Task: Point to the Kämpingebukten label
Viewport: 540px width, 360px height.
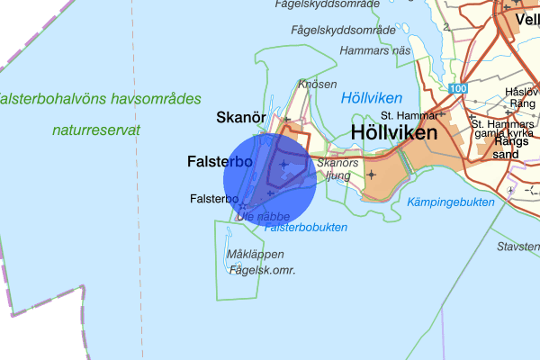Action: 451,202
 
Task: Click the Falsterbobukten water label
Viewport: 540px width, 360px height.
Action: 306,228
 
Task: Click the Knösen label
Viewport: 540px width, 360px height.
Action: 318,84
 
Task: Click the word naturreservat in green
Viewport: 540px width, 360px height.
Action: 96,130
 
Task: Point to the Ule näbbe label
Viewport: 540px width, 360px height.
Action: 264,216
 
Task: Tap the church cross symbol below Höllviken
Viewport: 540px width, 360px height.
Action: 372,173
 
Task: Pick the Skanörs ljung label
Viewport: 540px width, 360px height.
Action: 338,170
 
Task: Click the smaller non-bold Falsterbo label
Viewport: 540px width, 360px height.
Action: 213,199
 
